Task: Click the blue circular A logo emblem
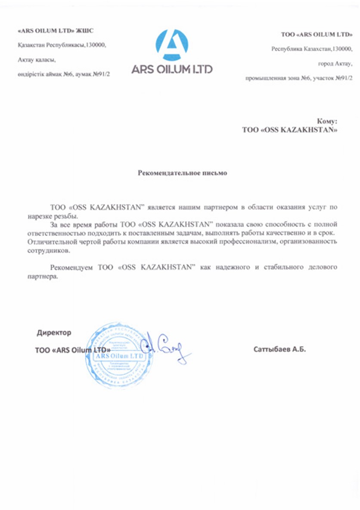(x=171, y=45)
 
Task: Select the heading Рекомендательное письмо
(x=182, y=173)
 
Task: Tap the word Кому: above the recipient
(x=327, y=122)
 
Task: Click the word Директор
(x=54, y=333)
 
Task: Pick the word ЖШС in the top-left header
(x=84, y=31)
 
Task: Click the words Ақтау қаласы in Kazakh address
(x=37, y=59)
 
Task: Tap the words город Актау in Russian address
(x=335, y=64)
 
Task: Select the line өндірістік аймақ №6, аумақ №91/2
(x=64, y=74)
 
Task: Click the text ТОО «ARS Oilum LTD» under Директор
(x=70, y=350)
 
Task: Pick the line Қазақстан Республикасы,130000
(x=62, y=45)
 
